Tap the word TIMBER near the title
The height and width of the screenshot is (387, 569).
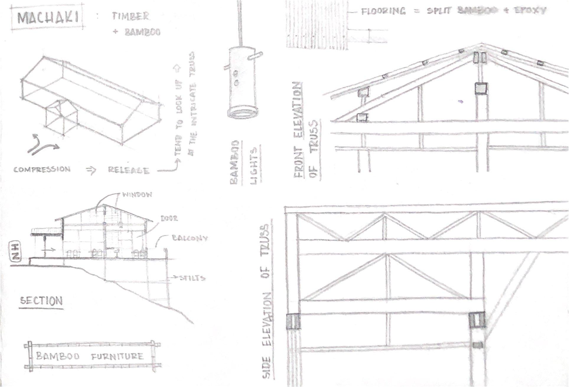[x=131, y=16]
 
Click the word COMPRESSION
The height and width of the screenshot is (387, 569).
[x=42, y=170]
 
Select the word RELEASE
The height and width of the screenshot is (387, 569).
[x=128, y=170]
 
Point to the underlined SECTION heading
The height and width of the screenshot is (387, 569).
[x=41, y=301]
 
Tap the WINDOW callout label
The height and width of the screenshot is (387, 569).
[x=137, y=195]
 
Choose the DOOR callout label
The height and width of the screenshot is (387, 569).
[x=169, y=218]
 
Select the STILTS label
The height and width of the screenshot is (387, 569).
[x=192, y=278]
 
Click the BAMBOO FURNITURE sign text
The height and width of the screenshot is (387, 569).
[x=90, y=356]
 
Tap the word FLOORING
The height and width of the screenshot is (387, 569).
[x=383, y=11]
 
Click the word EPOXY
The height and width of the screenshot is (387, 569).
[x=530, y=11]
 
